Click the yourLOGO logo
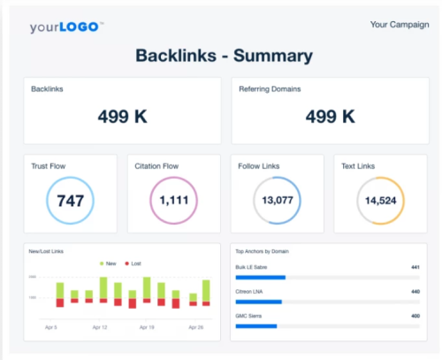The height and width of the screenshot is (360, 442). pyautogui.click(x=67, y=27)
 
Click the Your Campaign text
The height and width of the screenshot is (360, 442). pyautogui.click(x=400, y=24)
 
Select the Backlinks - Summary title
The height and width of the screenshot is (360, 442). pyautogui.click(x=224, y=56)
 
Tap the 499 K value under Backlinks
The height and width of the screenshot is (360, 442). pyautogui.click(x=123, y=116)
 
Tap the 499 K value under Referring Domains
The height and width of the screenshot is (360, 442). pyautogui.click(x=330, y=116)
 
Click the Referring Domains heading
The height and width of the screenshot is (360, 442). pyautogui.click(x=271, y=89)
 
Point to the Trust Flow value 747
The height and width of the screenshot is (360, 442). pyautogui.click(x=71, y=201)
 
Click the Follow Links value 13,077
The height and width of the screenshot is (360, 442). pyautogui.click(x=278, y=201)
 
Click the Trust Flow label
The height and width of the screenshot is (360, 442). pyautogui.click(x=49, y=166)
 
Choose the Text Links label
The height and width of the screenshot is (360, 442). pyautogui.click(x=359, y=166)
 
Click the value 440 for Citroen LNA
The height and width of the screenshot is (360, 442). pyautogui.click(x=415, y=291)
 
